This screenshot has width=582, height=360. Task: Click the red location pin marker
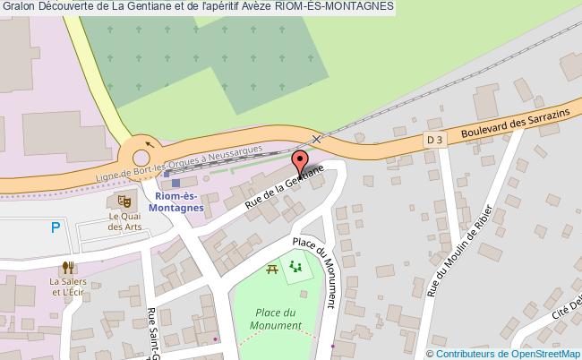[x=301, y=163]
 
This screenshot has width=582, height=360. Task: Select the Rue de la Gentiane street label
[x=284, y=188]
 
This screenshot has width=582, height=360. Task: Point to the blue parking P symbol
[x=56, y=228]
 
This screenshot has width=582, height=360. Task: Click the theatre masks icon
[x=120, y=199]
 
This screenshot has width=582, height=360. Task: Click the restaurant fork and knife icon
[x=66, y=267]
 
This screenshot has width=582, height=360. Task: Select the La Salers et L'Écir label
[x=67, y=287]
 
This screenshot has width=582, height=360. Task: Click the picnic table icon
[x=271, y=268]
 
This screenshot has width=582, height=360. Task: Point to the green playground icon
[x=295, y=265]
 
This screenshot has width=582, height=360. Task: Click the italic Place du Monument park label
[x=276, y=319]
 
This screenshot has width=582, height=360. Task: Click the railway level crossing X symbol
[x=315, y=139]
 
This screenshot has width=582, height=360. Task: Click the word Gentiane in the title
[x=138, y=8]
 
